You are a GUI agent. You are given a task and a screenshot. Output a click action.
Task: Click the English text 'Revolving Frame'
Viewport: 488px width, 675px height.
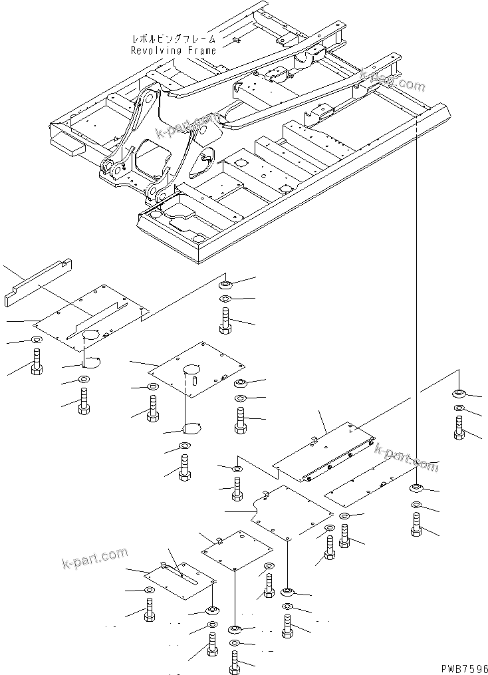(x=173, y=50)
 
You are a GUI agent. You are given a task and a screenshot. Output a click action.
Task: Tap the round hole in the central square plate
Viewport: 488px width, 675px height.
(x=193, y=368)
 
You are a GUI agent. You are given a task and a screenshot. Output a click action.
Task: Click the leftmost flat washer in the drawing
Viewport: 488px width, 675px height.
(x=35, y=341)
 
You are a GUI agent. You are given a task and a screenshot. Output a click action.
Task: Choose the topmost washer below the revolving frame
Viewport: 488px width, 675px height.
(x=225, y=285)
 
